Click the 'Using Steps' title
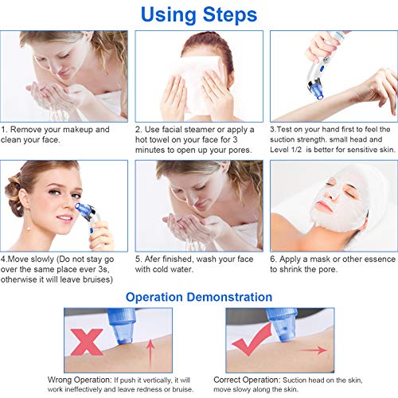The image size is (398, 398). pyautogui.click(x=198, y=14)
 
